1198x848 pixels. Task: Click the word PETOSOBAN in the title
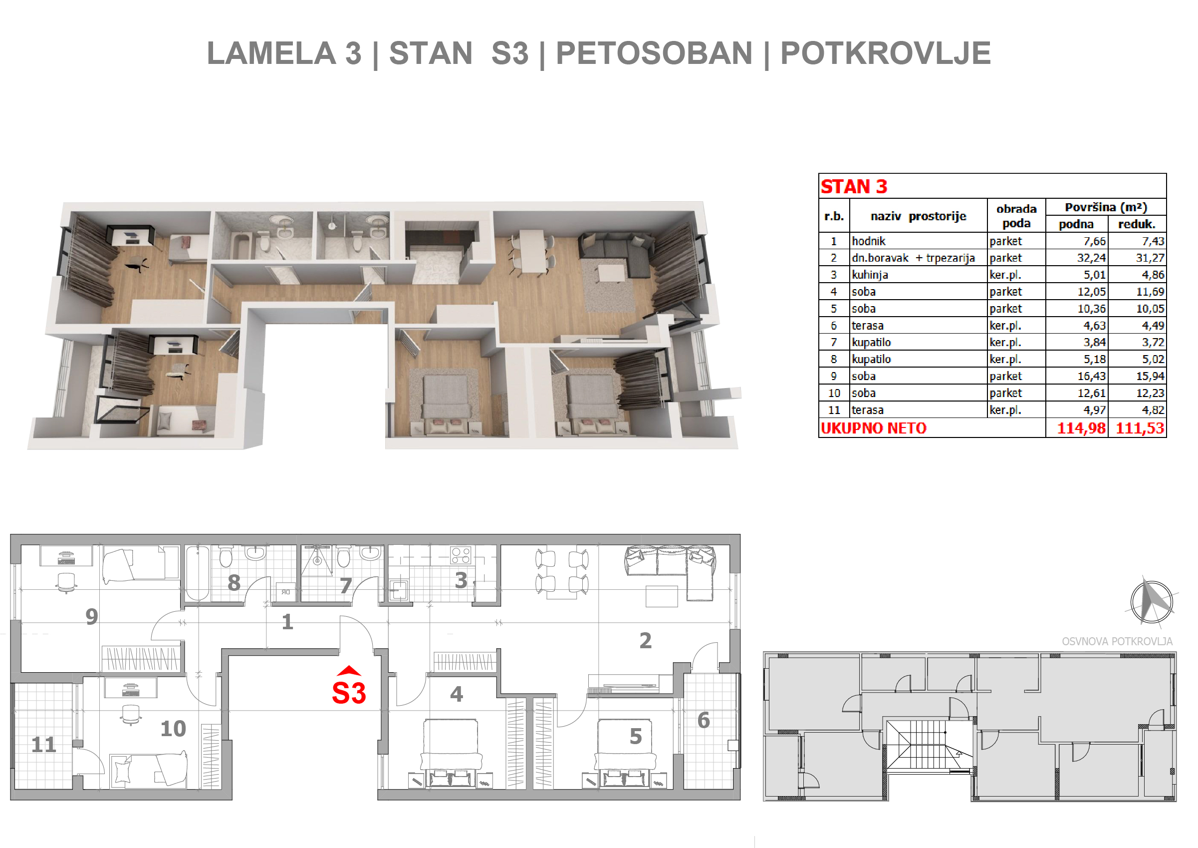pyautogui.click(x=654, y=53)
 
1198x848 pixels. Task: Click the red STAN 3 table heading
pyautogui.click(x=854, y=186)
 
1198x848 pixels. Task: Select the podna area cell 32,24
pyautogui.click(x=1092, y=258)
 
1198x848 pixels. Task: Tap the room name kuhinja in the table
pyautogui.click(x=870, y=275)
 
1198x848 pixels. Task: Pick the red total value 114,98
pyautogui.click(x=1081, y=428)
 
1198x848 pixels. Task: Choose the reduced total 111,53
pyautogui.click(x=1140, y=428)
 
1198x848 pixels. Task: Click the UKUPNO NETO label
pyautogui.click(x=874, y=428)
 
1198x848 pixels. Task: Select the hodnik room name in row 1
pyautogui.click(x=869, y=241)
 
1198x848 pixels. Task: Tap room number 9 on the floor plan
pyautogui.click(x=92, y=617)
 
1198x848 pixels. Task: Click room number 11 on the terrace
pyautogui.click(x=44, y=745)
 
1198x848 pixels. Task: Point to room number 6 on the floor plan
pyautogui.click(x=704, y=721)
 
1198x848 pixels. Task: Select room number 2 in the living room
pyautogui.click(x=646, y=641)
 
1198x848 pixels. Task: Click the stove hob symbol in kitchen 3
pyautogui.click(x=461, y=555)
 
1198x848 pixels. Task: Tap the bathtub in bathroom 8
pyautogui.click(x=198, y=573)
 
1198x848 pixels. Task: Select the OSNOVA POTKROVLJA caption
pyautogui.click(x=1117, y=641)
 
